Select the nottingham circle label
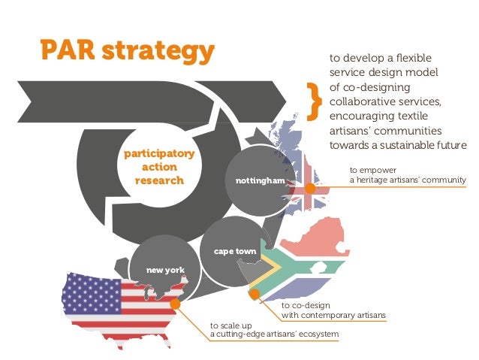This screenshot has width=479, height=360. (x=261, y=182)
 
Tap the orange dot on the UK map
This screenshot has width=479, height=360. (x=309, y=188)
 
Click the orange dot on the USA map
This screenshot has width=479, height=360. (x=177, y=304)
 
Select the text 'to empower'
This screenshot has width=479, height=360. (x=368, y=170)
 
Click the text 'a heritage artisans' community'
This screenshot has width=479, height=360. (x=408, y=180)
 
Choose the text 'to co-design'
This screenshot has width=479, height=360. (x=303, y=305)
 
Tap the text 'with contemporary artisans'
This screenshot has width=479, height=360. (x=333, y=315)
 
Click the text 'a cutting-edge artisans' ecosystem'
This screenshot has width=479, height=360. (x=275, y=334)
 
